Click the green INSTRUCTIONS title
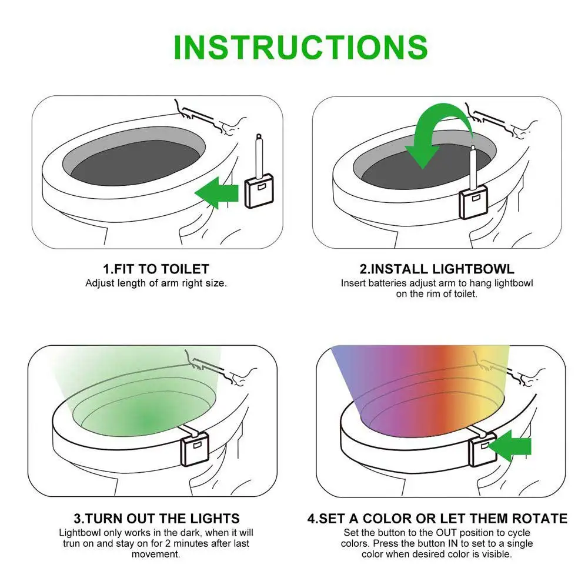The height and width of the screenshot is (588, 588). (300, 47)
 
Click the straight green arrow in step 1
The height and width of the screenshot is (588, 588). (217, 193)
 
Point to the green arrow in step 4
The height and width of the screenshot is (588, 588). (510, 446)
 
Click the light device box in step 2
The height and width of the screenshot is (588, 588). (474, 201)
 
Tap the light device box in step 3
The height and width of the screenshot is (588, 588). (195, 449)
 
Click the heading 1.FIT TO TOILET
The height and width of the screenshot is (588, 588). (156, 269)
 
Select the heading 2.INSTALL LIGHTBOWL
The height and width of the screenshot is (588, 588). (437, 269)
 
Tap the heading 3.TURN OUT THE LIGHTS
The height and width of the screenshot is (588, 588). (157, 518)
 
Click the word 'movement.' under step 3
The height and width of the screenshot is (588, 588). (156, 554)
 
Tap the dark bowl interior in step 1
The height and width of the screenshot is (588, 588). (135, 162)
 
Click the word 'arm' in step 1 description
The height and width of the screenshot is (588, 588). (169, 283)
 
